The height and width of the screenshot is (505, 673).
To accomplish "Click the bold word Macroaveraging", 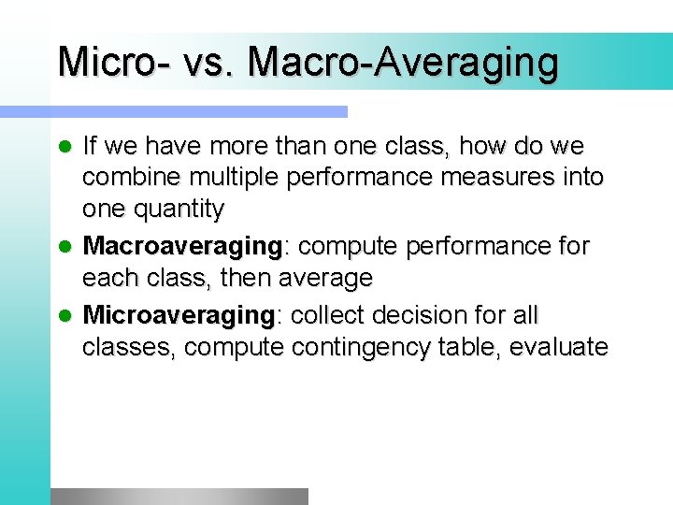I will (183, 247).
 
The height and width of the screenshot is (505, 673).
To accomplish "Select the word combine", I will (127, 178).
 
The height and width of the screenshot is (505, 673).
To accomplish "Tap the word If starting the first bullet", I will (90, 146).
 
